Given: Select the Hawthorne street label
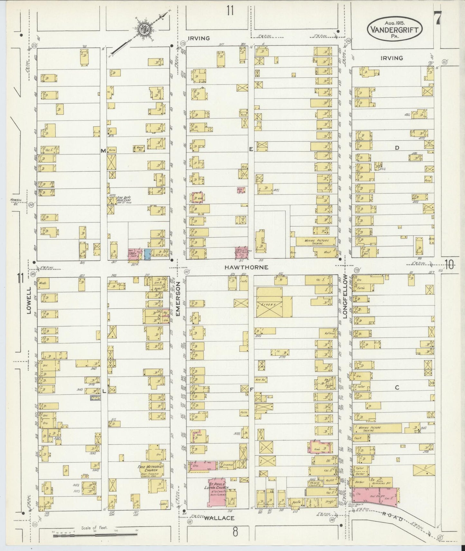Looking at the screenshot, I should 246,267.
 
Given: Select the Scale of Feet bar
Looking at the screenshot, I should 95,534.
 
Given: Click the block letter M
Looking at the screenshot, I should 104,151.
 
